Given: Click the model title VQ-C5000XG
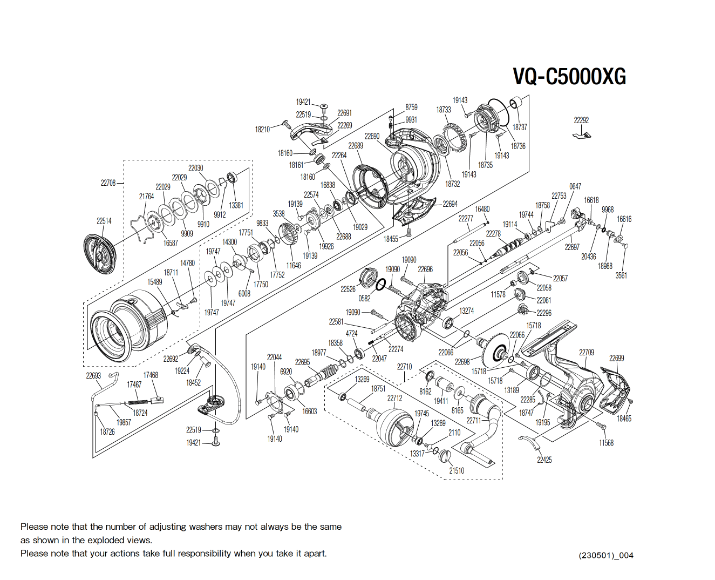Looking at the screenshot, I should click(x=569, y=77).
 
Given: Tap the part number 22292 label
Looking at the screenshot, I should click(x=581, y=120).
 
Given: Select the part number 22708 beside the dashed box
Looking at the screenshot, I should click(x=108, y=183).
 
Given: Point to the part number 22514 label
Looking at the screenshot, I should click(x=104, y=221).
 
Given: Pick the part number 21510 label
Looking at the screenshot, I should click(x=457, y=470).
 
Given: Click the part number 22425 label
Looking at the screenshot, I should click(x=544, y=460).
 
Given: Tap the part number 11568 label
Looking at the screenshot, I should click(x=606, y=443).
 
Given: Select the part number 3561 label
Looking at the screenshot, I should click(x=621, y=275).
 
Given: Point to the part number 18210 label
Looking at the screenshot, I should click(x=262, y=130).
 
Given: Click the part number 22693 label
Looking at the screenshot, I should click(x=93, y=376).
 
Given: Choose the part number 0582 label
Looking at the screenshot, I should click(x=365, y=299).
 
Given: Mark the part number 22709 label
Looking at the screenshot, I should click(x=587, y=353).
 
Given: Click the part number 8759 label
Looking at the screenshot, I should click(x=411, y=107).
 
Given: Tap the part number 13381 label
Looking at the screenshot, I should click(x=236, y=205).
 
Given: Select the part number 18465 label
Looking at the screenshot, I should click(x=624, y=419).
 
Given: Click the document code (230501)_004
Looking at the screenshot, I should click(x=606, y=555).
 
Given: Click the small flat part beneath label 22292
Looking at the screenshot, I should click(x=582, y=134).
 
